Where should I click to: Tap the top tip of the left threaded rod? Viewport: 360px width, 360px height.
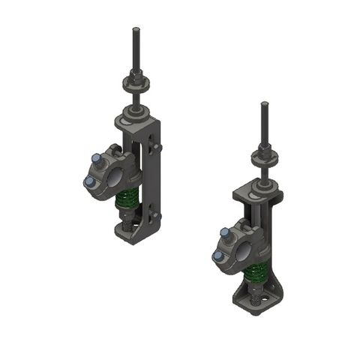[x=136, y=30]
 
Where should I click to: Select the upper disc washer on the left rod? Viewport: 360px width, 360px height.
[x=136, y=82]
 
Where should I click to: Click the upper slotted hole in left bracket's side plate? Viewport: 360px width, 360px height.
[x=156, y=142]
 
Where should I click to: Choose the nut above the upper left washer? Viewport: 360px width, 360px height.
[x=136, y=75]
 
